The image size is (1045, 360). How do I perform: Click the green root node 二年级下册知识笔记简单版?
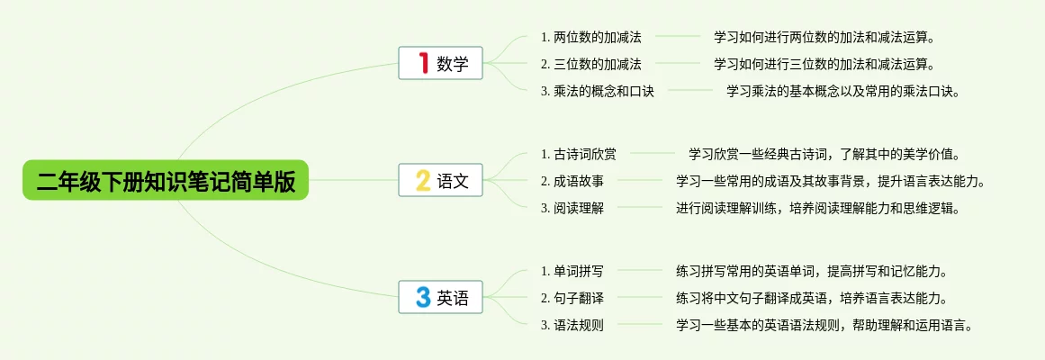[166, 180]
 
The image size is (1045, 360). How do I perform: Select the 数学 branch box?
[441, 64]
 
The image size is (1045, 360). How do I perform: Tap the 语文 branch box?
[441, 180]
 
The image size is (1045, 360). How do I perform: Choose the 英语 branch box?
[441, 297]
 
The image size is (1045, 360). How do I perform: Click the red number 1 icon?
[423, 64]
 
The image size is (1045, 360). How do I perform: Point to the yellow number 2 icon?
[423, 180]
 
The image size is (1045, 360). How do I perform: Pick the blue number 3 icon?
[423, 297]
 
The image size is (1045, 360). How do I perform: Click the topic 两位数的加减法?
[591, 38]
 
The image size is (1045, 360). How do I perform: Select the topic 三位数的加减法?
[591, 64]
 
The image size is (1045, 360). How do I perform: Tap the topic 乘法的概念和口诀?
[598, 91]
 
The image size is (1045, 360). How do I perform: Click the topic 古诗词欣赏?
[579, 154]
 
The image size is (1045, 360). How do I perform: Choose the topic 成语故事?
[572, 181]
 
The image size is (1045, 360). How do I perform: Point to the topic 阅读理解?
[572, 208]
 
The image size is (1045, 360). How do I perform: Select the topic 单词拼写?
[572, 271]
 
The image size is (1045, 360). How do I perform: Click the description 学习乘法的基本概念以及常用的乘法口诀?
[844, 91]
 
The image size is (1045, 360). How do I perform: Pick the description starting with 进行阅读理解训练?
[818, 208]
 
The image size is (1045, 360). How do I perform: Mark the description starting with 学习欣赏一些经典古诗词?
[824, 154]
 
